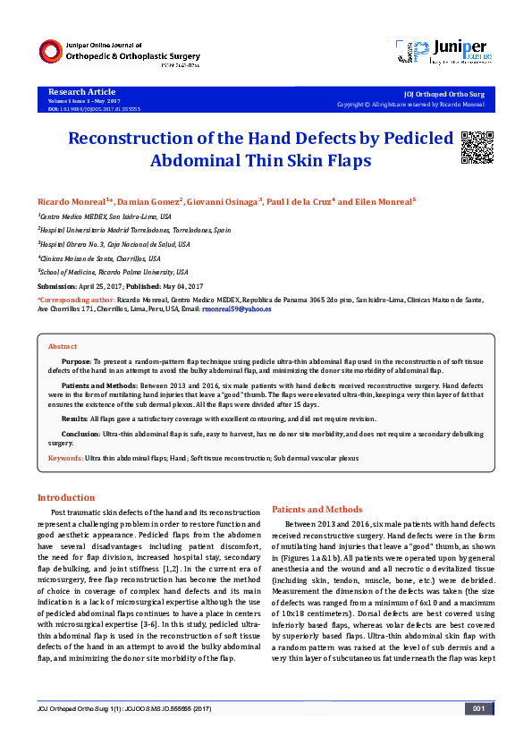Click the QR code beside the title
coord(477,147)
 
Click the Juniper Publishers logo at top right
coord(456,52)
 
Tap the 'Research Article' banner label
coord(81,92)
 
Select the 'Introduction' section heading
coord(65,497)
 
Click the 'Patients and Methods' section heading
coord(317,509)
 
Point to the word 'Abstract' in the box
coord(63,345)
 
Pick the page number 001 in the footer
coord(478,734)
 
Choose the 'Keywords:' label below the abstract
coord(65,457)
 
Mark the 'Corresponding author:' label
coord(76,300)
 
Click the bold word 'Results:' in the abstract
coord(75,419)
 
